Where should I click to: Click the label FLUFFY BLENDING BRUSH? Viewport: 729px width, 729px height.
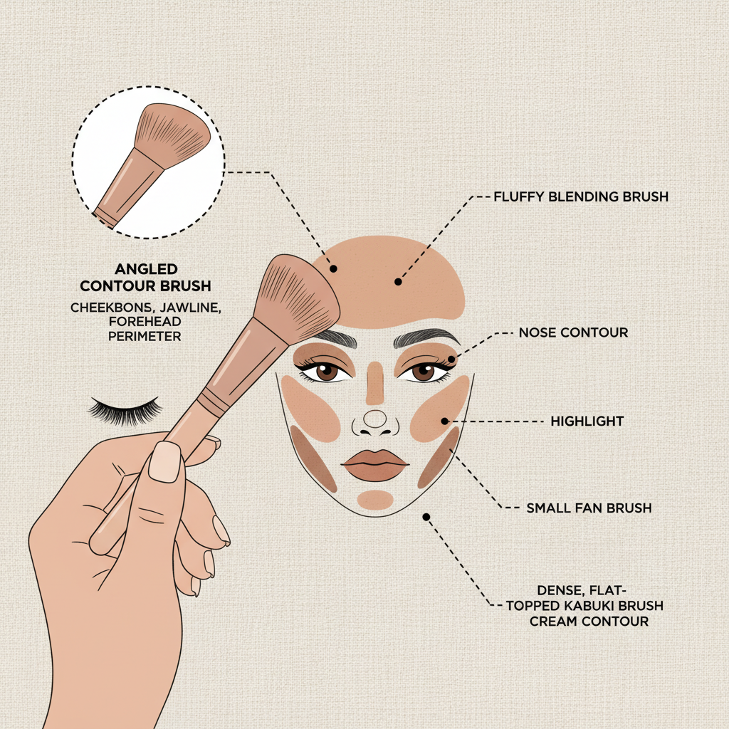point(581,196)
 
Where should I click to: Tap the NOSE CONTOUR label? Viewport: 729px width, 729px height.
point(573,332)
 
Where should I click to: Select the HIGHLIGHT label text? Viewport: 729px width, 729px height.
point(587,421)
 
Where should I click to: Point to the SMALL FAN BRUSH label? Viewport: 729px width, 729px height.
point(589,508)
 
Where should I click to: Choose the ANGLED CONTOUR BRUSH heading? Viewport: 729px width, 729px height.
point(145,278)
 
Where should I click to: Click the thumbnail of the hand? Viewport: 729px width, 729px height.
point(165,461)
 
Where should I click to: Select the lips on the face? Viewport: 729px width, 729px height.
point(375,465)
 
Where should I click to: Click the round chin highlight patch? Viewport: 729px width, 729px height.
point(375,500)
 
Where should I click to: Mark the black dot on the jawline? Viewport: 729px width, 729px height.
point(426,517)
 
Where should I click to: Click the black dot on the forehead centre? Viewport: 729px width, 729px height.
point(398,282)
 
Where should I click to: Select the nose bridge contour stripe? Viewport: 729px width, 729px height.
point(374,382)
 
